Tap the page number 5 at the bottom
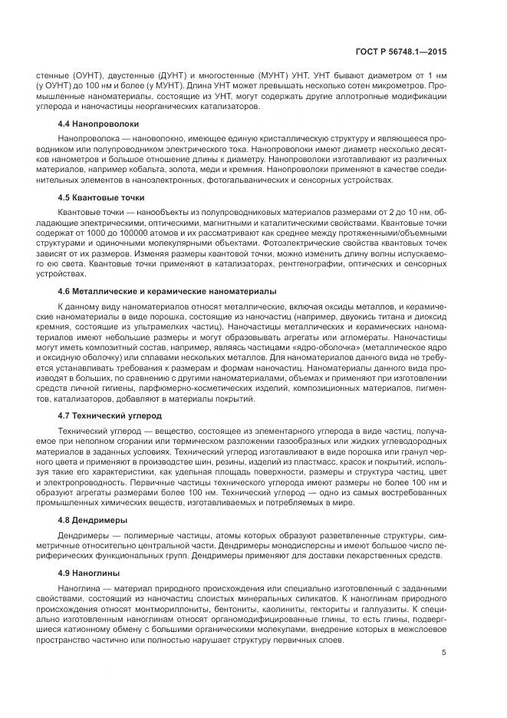(445, 653)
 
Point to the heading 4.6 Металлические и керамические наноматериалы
(167, 292)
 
